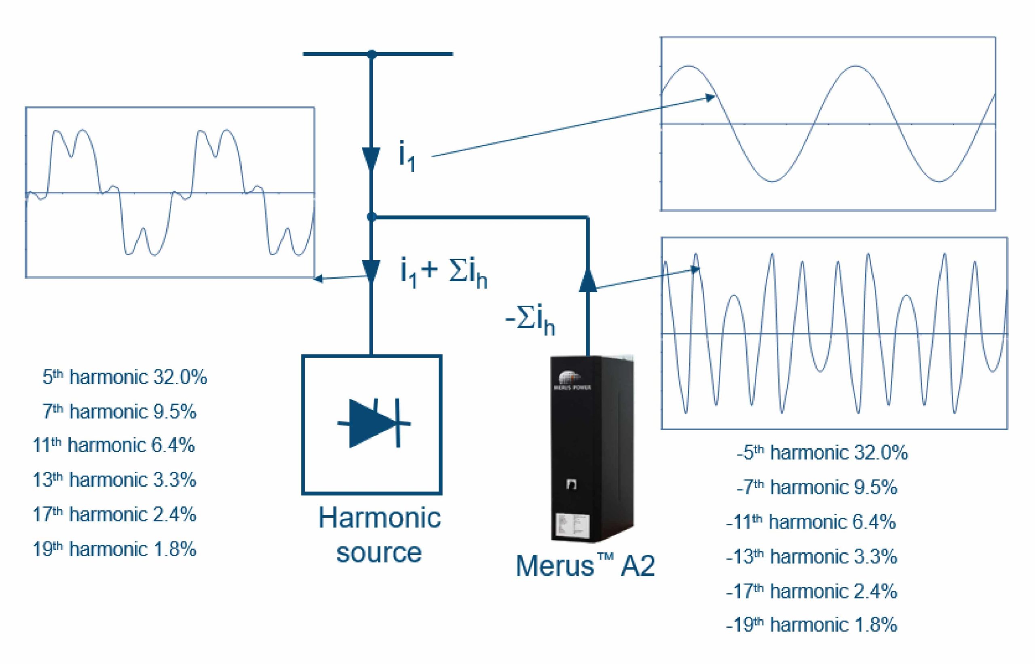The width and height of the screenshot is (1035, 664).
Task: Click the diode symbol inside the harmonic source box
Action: [x=374, y=423]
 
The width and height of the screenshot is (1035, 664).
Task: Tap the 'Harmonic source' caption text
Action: [x=380, y=535]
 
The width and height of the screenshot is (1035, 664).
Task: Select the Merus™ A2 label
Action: [x=585, y=565]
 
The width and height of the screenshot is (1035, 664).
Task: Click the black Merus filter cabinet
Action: [x=593, y=449]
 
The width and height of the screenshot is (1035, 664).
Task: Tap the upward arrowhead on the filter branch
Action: [x=588, y=280]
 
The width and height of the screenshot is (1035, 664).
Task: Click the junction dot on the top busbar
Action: [x=371, y=54]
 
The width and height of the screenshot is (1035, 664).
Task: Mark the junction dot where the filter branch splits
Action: [x=371, y=217]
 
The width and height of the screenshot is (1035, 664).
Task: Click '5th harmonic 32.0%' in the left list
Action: [x=125, y=377]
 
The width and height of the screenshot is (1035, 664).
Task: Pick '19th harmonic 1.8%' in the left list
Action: [x=114, y=549]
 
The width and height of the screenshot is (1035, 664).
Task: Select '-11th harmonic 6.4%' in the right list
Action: [x=811, y=522]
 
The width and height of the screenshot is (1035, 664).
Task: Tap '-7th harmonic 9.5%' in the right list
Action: [x=817, y=487]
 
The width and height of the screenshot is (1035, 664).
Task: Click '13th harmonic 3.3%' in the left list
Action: [x=114, y=480]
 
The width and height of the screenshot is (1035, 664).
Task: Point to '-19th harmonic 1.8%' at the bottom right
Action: [x=811, y=624]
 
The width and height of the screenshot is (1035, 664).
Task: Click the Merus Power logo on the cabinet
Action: [x=572, y=381]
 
